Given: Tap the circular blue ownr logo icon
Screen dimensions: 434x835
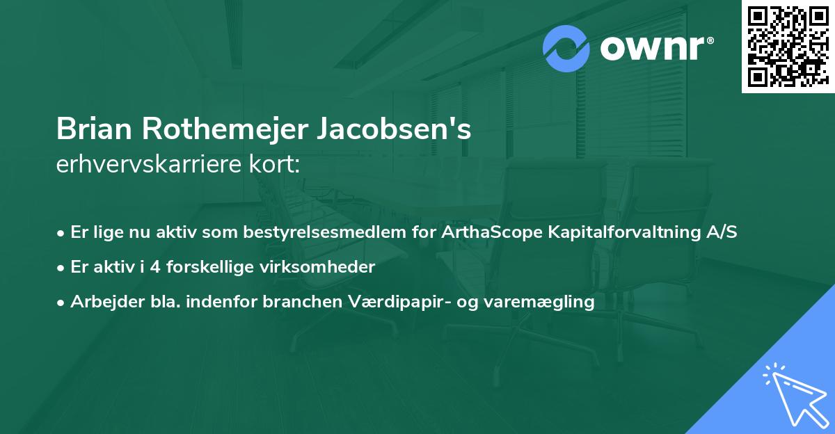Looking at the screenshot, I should pyautogui.click(x=566, y=49).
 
